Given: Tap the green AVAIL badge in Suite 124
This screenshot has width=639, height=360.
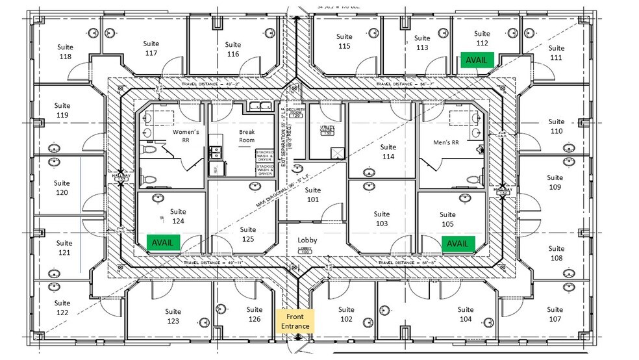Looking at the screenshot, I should [x=163, y=242].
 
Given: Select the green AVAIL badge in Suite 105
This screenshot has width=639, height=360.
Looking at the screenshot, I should [x=458, y=244].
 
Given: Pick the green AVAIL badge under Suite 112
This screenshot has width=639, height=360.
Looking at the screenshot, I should [x=477, y=60].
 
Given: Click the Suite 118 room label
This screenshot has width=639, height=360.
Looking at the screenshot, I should [x=65, y=52].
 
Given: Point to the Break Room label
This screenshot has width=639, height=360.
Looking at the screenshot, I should [x=247, y=136].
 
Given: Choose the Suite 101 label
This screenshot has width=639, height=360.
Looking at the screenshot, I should [x=313, y=195].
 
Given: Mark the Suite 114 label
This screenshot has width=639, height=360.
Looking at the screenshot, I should [x=388, y=152].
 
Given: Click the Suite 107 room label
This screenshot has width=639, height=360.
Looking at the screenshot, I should [x=555, y=315].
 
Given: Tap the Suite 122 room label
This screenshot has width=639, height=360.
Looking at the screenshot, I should [x=62, y=308].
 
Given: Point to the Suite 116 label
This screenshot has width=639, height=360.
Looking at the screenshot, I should [x=233, y=49].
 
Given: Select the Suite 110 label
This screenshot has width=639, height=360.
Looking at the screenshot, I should [x=556, y=126].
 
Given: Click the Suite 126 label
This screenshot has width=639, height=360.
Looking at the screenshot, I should [x=255, y=315].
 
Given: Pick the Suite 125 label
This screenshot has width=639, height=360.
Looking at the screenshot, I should [x=247, y=234].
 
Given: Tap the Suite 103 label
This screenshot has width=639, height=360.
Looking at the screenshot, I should [x=382, y=219].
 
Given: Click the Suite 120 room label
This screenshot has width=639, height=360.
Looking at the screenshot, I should [x=62, y=188].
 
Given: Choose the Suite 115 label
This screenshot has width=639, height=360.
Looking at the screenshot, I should [x=344, y=42].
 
